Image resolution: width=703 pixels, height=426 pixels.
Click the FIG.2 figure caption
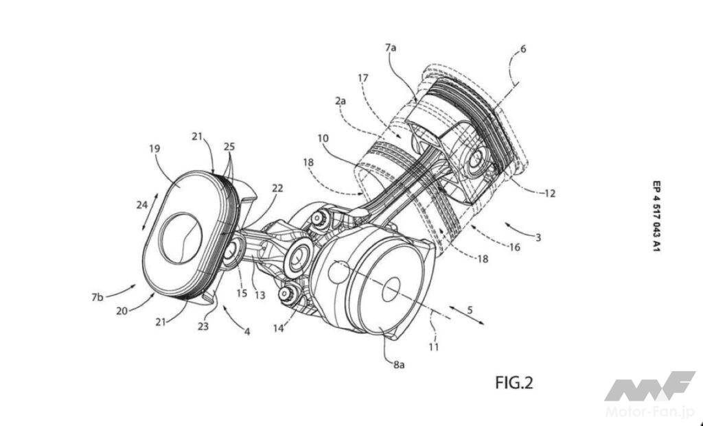(x=514, y=383)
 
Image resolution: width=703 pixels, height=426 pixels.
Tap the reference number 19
(x=154, y=148)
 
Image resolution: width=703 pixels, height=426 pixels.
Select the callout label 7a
(x=390, y=47)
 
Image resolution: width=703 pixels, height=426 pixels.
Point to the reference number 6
(x=522, y=49)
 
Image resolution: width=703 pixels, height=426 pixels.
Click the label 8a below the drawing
(x=399, y=365)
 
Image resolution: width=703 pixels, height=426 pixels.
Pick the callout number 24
(x=142, y=204)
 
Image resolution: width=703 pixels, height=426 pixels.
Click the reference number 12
(x=550, y=193)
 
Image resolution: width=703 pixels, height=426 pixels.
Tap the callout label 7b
(x=97, y=297)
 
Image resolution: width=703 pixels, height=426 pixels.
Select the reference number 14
(x=278, y=329)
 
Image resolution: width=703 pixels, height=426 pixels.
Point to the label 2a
(x=341, y=102)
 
